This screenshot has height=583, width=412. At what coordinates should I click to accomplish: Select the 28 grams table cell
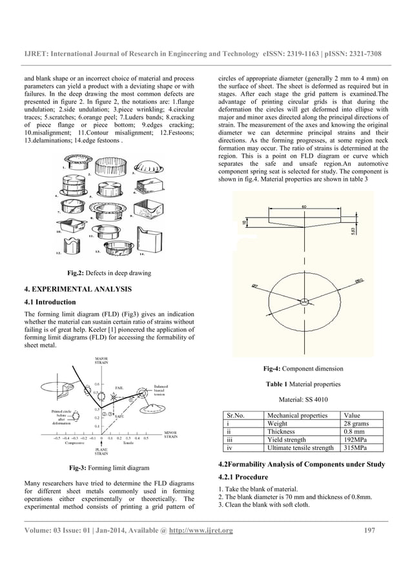[358, 424]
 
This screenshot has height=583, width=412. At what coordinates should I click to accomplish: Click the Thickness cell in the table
[281, 432]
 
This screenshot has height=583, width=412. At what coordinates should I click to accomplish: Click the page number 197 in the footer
[370, 531]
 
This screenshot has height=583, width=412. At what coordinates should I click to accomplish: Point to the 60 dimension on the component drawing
[304, 207]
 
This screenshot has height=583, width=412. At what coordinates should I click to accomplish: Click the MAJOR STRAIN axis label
[101, 361]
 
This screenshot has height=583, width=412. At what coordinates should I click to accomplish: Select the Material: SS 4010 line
[303, 399]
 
